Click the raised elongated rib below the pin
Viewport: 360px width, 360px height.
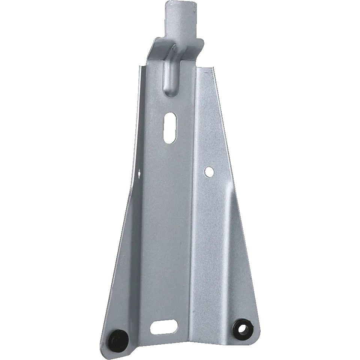pos(171,71)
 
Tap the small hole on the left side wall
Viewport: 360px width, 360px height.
pos(140,173)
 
